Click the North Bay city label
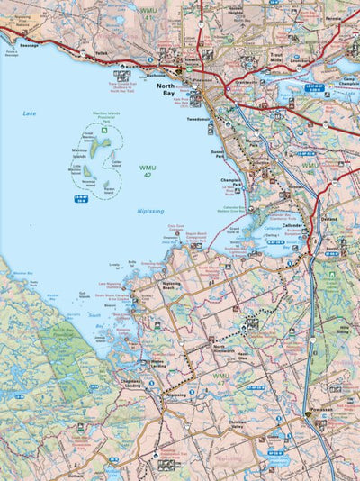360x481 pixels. (x=166, y=90)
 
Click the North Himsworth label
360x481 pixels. (x=226, y=349)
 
